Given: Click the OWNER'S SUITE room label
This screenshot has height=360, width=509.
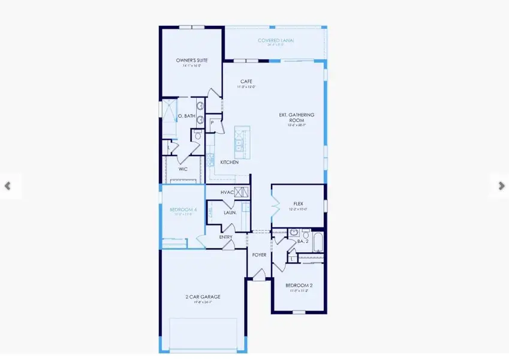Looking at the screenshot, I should (x=191, y=61).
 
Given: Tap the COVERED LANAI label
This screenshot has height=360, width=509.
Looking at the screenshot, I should (x=276, y=41).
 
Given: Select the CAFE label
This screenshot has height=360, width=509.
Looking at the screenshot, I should (x=246, y=82).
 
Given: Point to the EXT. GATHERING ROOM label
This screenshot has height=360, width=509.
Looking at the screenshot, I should (x=297, y=117).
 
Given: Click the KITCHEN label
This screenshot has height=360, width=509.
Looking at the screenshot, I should (x=229, y=163).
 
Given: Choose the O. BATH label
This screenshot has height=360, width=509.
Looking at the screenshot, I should (x=186, y=116).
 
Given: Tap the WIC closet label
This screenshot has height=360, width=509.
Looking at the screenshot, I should (x=183, y=169).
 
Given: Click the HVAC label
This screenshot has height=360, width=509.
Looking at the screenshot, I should (x=227, y=192).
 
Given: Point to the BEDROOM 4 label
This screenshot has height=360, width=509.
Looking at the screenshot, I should (x=183, y=210).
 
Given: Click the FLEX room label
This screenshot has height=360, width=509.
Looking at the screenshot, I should (x=298, y=204).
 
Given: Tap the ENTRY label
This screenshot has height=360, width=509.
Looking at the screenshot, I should (x=225, y=237).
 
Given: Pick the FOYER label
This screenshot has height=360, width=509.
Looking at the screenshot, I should (x=259, y=255).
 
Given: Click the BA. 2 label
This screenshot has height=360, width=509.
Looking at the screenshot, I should (x=303, y=241).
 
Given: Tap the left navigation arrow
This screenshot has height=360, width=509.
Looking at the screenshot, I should (x=7, y=186).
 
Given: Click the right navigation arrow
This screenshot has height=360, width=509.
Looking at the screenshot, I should (x=501, y=186).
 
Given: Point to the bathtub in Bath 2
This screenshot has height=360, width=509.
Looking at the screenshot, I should (x=318, y=242).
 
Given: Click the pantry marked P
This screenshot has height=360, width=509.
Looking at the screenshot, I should (x=212, y=123).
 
